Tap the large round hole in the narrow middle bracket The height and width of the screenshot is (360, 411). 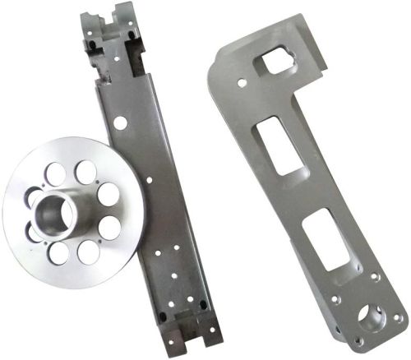point(121,122)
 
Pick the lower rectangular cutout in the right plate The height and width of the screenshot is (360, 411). point(326,238)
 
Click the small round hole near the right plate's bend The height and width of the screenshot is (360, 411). point(239,82)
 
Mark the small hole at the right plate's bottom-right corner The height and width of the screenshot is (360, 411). point(397,317)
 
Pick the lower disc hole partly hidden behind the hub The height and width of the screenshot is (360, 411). point(34,233)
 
